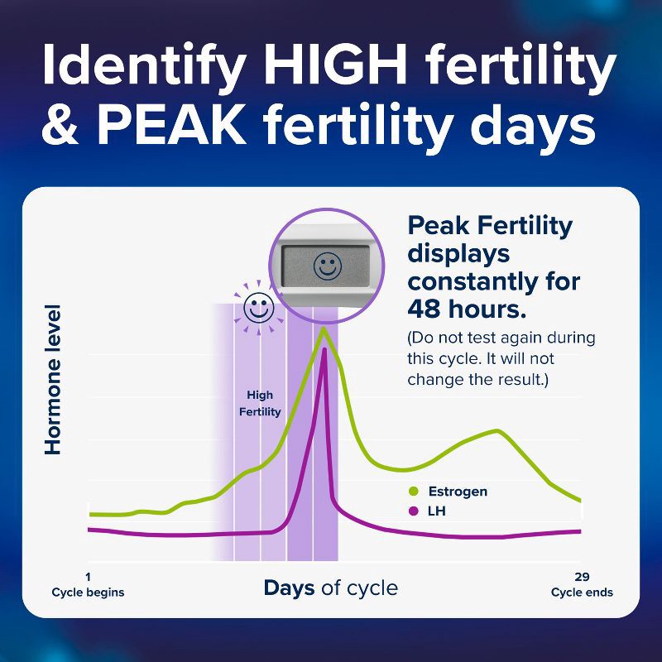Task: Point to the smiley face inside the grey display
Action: (x=328, y=266)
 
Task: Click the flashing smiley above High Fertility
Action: (x=258, y=309)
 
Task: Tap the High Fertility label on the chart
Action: (x=260, y=404)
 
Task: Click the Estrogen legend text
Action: (x=458, y=492)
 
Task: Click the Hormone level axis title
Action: (x=53, y=380)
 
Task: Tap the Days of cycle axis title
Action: (x=330, y=588)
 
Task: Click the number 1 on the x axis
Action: (x=88, y=577)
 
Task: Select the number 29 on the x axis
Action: (x=582, y=577)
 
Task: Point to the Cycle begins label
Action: (x=88, y=592)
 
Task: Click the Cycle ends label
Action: (x=582, y=592)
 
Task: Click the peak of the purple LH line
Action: (x=324, y=349)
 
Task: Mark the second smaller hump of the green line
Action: (x=496, y=431)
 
